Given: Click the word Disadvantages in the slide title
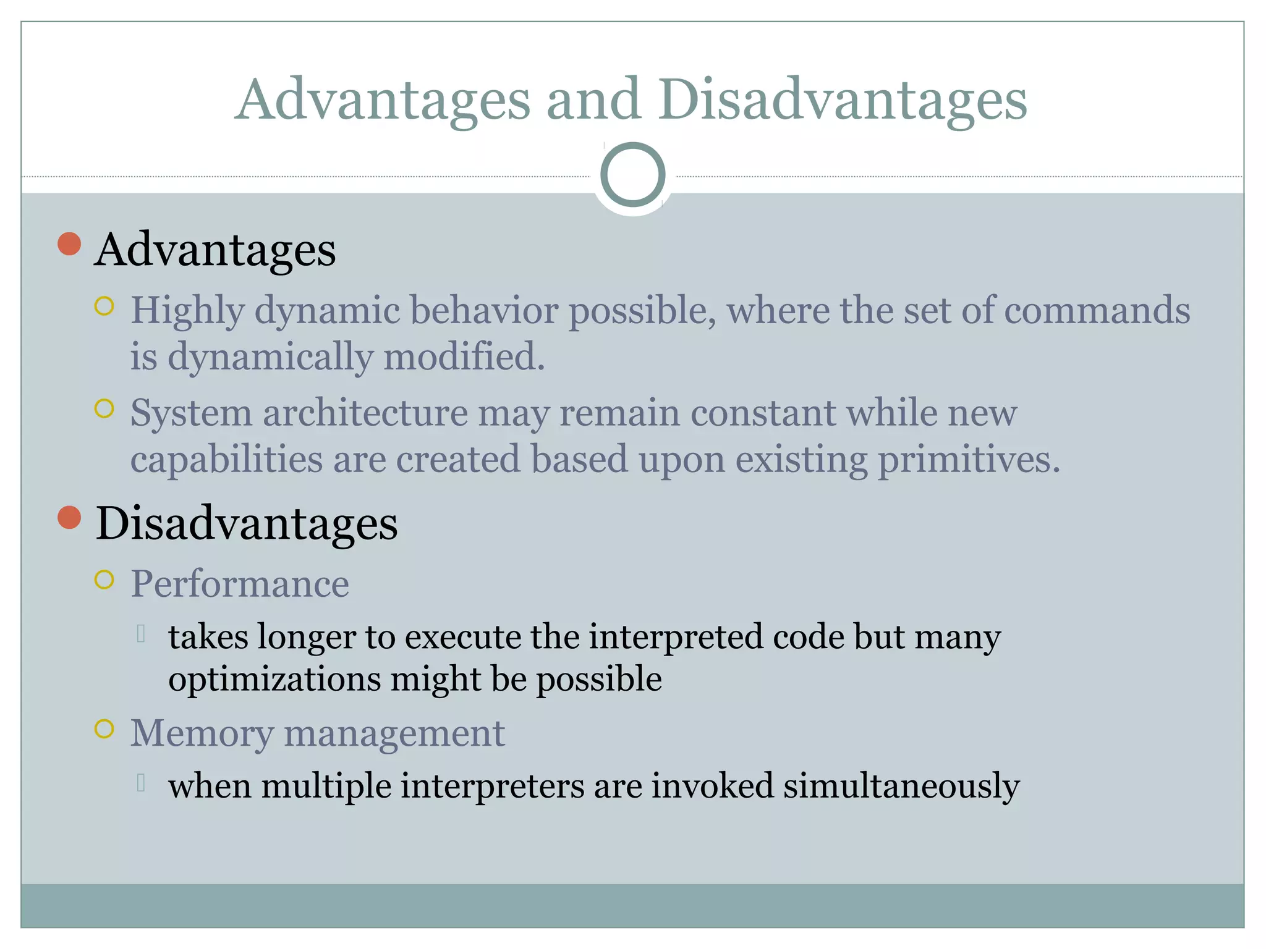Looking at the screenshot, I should [x=842, y=101].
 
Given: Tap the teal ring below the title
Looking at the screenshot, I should [x=632, y=175].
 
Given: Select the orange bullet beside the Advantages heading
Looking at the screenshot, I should [x=69, y=244].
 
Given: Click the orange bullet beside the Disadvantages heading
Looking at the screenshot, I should [x=69, y=518].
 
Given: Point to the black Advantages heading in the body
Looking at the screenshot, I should [x=215, y=250].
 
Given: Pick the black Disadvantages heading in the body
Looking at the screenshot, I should [x=246, y=524].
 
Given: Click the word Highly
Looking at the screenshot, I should [x=187, y=311].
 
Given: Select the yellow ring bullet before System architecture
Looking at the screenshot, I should [x=104, y=408].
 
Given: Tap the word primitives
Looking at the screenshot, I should [x=969, y=460].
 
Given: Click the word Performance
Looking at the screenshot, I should [x=240, y=584].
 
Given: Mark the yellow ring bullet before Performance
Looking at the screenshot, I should [x=104, y=580].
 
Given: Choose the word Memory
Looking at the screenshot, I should [x=202, y=733].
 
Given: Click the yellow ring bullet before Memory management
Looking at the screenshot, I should [x=104, y=729].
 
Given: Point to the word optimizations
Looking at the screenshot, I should [x=274, y=680].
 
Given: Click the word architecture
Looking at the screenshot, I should [x=365, y=413].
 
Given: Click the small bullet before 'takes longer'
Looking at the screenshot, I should [x=141, y=633].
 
